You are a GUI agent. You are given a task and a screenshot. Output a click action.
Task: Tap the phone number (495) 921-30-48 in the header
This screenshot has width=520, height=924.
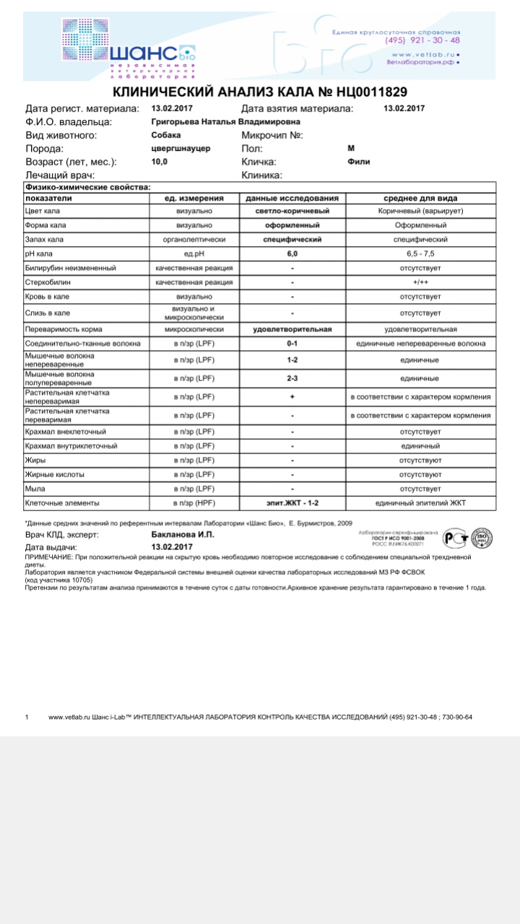click(x=422, y=40)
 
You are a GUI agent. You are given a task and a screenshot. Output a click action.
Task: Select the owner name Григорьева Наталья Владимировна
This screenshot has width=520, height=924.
click(x=227, y=122)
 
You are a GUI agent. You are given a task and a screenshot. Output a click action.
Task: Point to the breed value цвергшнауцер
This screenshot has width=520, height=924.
click(x=181, y=148)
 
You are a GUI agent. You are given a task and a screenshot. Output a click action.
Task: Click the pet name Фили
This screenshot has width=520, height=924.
click(x=358, y=162)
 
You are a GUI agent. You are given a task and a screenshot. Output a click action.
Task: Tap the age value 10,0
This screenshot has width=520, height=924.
click(x=159, y=162)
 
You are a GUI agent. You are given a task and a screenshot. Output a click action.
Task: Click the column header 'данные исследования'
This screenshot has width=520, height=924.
click(x=292, y=198)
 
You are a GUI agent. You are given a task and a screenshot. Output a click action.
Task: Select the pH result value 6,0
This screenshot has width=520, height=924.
click(x=292, y=254)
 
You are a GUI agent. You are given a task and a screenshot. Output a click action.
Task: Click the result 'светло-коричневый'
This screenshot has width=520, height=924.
click(x=292, y=212)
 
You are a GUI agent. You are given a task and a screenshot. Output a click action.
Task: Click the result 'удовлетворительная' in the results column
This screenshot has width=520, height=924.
click(x=292, y=329)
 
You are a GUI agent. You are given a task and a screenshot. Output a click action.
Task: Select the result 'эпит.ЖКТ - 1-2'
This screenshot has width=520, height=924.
click(x=292, y=502)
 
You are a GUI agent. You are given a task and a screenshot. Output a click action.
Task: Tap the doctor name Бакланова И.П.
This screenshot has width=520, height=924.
click(x=183, y=535)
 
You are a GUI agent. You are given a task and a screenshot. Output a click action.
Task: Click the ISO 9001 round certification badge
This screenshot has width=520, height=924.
click(x=482, y=538)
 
